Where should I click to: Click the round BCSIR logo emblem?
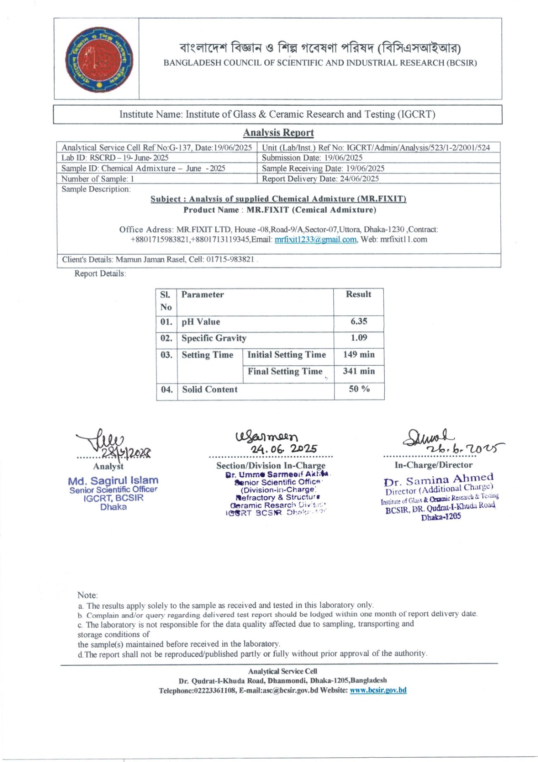click(x=99, y=60)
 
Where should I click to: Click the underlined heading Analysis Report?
click(x=278, y=133)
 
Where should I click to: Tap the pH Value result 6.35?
click(x=359, y=321)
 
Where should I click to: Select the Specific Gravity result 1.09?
click(x=359, y=338)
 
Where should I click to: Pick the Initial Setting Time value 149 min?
click(x=359, y=354)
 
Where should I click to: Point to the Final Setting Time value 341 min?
click(x=359, y=371)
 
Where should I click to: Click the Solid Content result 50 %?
click(x=359, y=389)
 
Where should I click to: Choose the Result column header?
click(x=359, y=294)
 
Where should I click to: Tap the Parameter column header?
click(x=202, y=295)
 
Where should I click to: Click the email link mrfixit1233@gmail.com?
click(x=315, y=240)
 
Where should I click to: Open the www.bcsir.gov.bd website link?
click(x=378, y=690)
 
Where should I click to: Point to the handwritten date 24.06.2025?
click(x=284, y=449)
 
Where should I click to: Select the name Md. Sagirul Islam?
click(x=113, y=481)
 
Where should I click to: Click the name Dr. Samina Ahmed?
click(x=438, y=480)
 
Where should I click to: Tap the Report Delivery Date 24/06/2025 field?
click(x=320, y=179)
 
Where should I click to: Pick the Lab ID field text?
click(x=115, y=158)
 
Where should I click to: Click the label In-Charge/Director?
click(x=433, y=465)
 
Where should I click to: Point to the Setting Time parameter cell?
click(x=207, y=355)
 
